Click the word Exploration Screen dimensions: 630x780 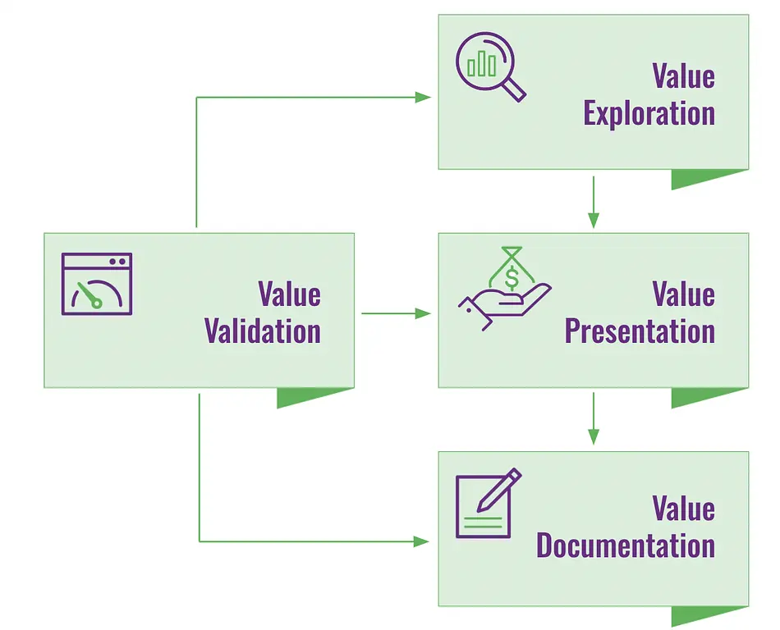tap(649, 114)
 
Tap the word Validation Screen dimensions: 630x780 tap(262, 331)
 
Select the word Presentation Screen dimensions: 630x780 tap(640, 331)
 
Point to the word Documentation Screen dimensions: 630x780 tap(626, 546)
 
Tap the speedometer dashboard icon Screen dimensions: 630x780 tap(97, 284)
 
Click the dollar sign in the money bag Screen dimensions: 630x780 tap(512, 277)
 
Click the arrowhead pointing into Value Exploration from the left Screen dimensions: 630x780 tap(423, 98)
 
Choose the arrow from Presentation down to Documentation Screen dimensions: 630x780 tap(594, 418)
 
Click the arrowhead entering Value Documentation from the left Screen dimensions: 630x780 tap(421, 541)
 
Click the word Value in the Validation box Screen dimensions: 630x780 tap(289, 294)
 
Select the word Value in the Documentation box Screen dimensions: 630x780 tap(683, 509)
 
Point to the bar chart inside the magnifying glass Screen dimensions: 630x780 tap(482, 65)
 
